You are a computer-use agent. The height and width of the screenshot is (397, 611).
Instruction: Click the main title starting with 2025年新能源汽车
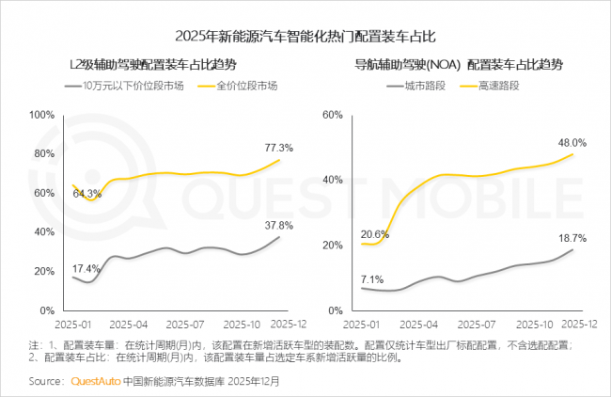[x=305, y=36]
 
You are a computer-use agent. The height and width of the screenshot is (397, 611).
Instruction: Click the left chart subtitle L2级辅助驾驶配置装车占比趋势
[x=152, y=65]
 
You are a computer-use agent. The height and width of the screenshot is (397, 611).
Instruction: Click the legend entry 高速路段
[x=496, y=86]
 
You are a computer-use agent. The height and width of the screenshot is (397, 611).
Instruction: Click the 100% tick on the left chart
[x=41, y=115]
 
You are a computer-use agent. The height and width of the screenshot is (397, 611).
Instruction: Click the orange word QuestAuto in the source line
[x=96, y=382]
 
